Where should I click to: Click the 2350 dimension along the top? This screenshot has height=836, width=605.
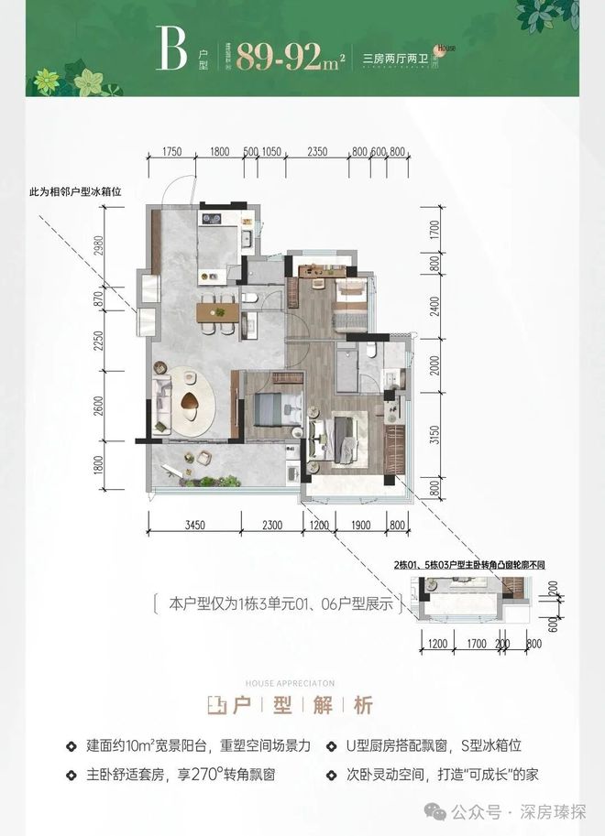tap(317, 153)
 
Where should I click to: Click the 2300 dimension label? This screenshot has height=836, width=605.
tap(271, 525)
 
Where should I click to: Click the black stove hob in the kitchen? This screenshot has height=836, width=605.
tap(209, 220)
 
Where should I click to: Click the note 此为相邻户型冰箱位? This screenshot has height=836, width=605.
tap(75, 193)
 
